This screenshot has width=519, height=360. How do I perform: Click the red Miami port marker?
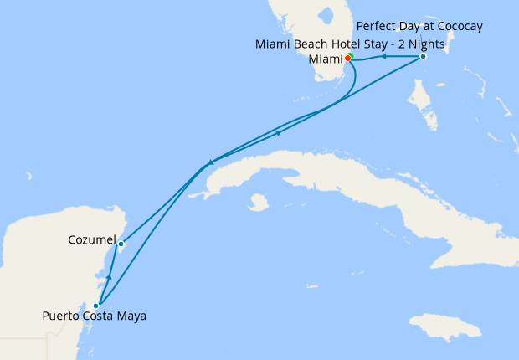(x=347, y=59)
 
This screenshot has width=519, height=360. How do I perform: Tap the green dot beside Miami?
(x=351, y=56)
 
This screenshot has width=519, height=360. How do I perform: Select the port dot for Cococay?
(x=423, y=56)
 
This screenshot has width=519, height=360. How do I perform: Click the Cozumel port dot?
(x=121, y=245)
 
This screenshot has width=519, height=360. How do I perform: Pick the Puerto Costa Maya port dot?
(x=96, y=306)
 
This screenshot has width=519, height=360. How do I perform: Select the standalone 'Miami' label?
(x=326, y=59)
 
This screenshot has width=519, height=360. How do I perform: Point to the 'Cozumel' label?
(x=91, y=240)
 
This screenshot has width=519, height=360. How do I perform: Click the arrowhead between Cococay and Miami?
(x=383, y=57)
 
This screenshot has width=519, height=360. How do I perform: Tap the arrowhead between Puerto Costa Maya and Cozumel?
(x=110, y=274)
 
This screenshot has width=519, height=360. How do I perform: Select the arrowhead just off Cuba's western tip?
(x=211, y=162)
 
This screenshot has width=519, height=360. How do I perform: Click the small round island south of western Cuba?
(x=258, y=202)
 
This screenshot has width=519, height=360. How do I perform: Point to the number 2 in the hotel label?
(x=428, y=44)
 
